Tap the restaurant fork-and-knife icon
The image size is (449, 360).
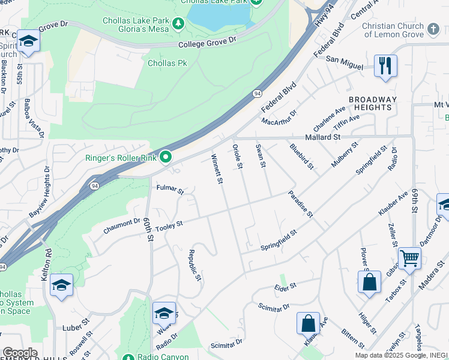click(x=385, y=65)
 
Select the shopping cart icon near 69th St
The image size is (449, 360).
click(x=409, y=259)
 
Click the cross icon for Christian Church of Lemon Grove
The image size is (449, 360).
click(x=433, y=29)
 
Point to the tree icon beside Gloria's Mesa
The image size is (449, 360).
click(x=178, y=24)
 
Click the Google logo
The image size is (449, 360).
click(x=20, y=353)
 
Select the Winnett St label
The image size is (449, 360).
click(x=217, y=169)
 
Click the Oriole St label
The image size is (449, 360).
click(x=238, y=155)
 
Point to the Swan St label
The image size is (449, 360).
click(x=261, y=155)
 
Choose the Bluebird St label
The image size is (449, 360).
click(x=301, y=156)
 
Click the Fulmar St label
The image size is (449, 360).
click(x=170, y=190)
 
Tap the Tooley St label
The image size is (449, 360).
click(x=169, y=225)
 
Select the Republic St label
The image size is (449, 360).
click(x=194, y=265)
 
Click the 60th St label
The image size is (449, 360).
click(x=148, y=229)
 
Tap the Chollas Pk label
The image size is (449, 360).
click(x=162, y=63)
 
